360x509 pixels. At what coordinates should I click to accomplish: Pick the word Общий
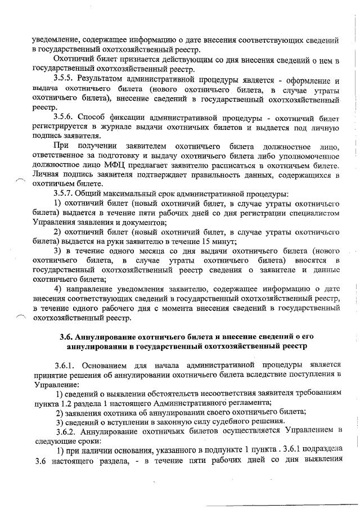(92, 193)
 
